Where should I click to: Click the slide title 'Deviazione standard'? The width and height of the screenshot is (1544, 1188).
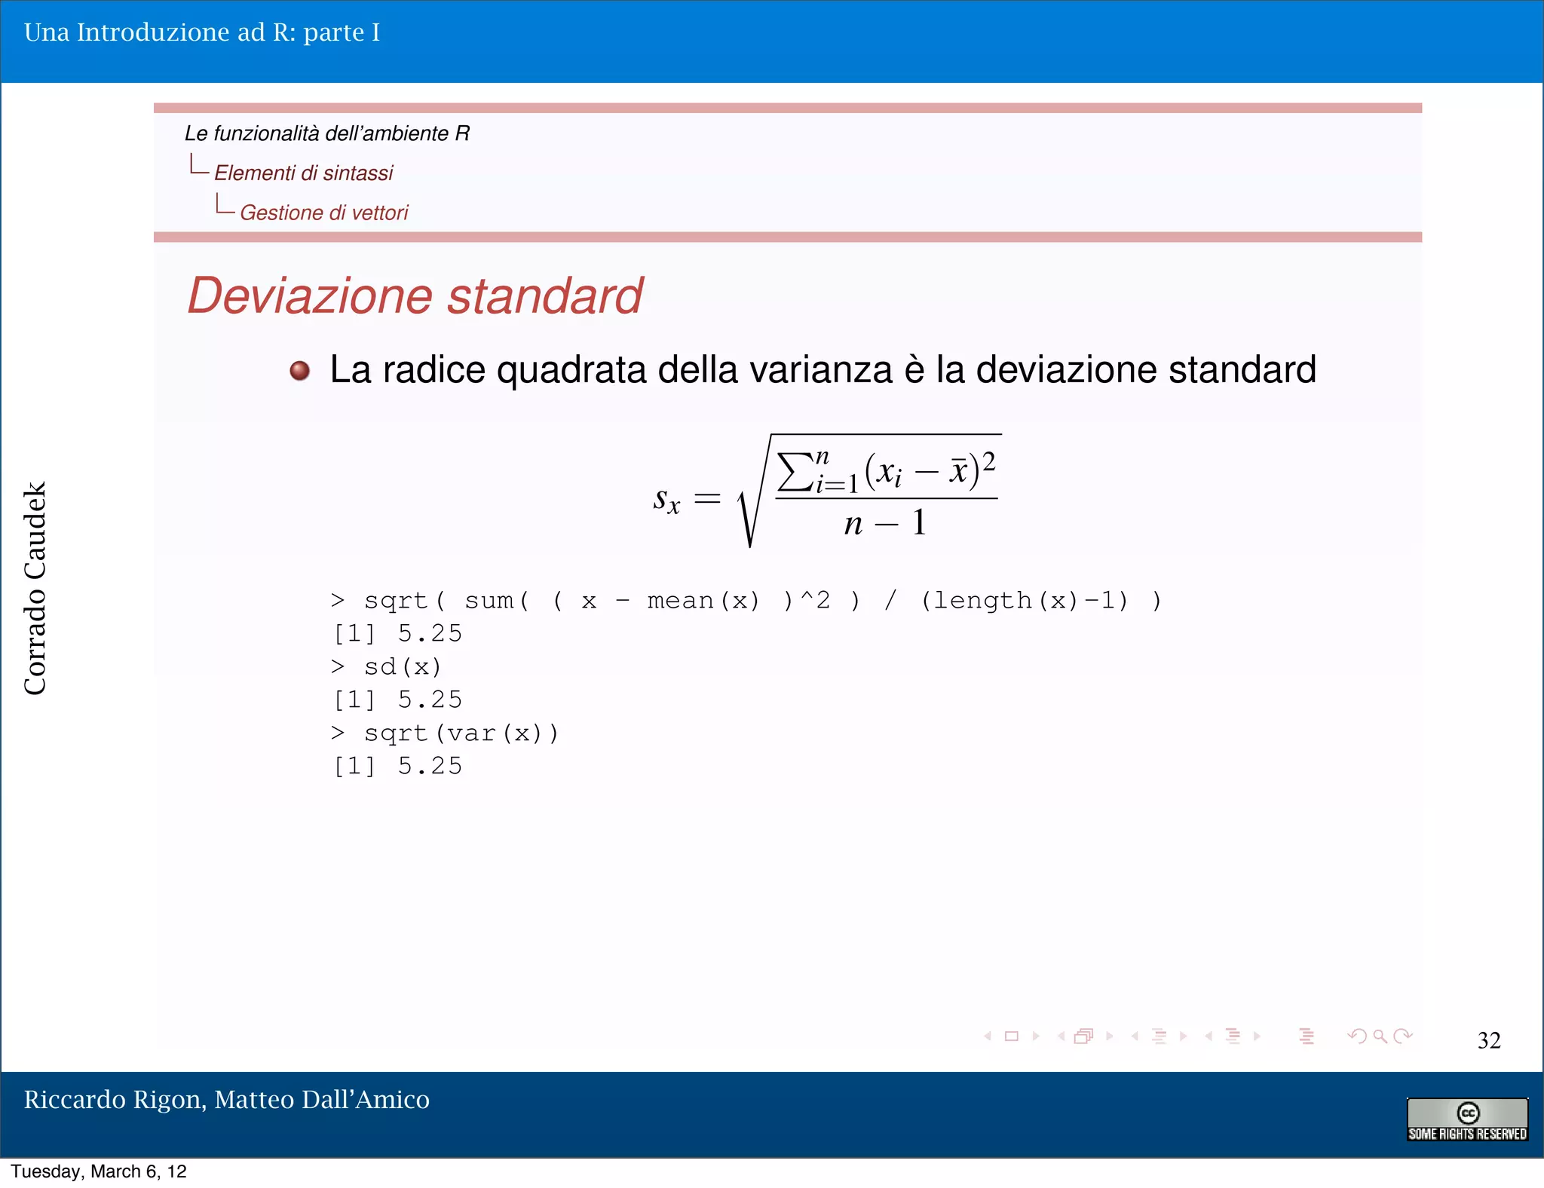point(415,295)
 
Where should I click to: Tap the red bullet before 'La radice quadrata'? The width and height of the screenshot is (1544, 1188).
point(300,371)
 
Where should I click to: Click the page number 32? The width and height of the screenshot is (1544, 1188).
point(1488,1040)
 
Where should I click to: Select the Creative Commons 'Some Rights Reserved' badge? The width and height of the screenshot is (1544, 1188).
point(1467,1119)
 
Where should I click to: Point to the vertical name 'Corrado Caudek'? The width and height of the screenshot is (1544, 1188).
point(35,588)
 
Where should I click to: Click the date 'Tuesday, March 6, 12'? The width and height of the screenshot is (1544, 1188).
point(99,1171)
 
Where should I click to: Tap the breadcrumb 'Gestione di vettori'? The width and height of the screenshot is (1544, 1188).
point(324,213)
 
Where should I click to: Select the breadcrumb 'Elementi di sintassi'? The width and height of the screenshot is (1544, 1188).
point(303,173)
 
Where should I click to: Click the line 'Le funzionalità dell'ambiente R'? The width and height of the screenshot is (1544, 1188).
point(327,133)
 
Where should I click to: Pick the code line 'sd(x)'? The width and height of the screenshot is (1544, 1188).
point(403,667)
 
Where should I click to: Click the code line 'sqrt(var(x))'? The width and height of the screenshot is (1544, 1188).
point(461,733)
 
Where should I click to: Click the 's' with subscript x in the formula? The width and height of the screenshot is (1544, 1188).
point(666,499)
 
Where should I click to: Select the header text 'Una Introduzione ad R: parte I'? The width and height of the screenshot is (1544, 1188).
point(202,32)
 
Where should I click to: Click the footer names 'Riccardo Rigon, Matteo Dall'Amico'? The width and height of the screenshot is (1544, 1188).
point(226,1100)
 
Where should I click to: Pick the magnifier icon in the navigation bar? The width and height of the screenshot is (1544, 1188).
point(1380,1036)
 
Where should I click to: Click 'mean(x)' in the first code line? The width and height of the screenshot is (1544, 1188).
point(703,601)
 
